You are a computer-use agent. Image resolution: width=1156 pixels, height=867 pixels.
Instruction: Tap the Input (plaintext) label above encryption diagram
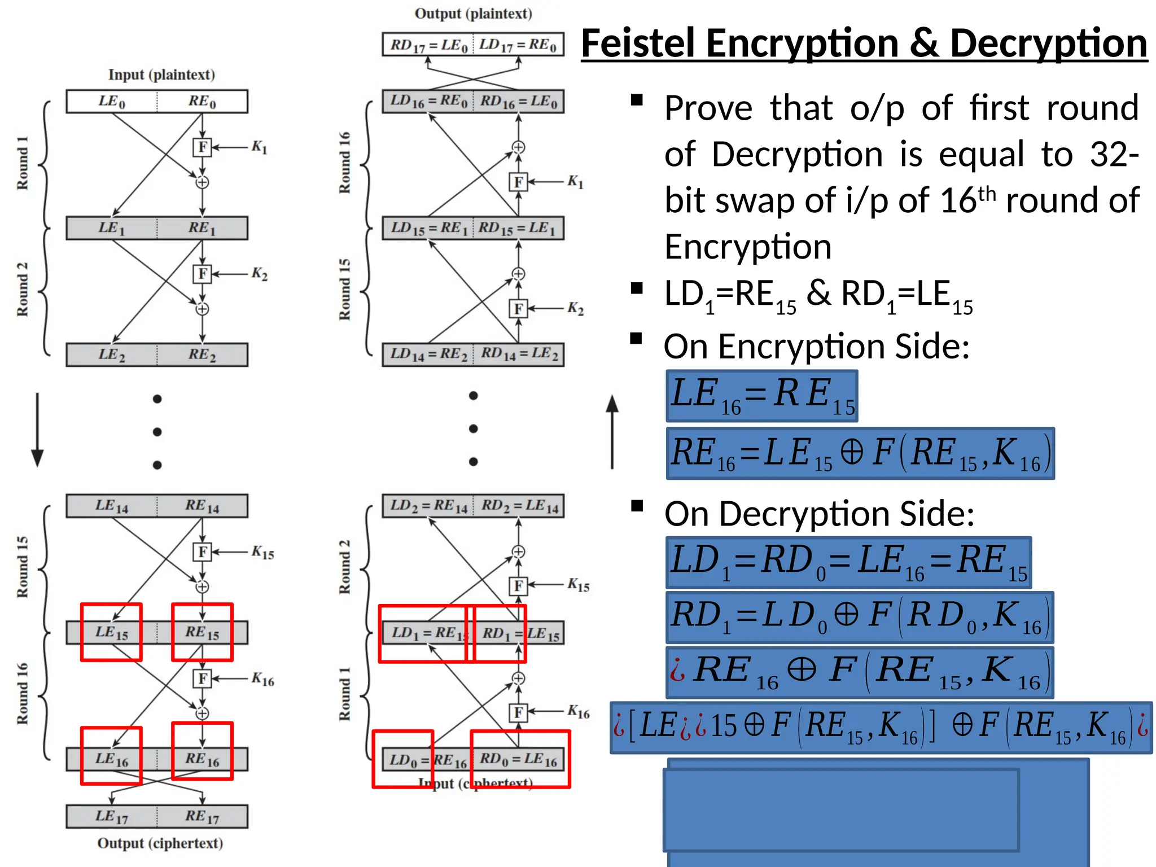[161, 75]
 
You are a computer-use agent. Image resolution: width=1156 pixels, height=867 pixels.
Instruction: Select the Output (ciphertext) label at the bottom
[160, 843]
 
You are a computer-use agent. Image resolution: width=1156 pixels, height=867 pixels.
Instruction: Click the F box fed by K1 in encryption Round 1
[202, 147]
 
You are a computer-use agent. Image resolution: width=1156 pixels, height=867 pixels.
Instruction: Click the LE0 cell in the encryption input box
[112, 102]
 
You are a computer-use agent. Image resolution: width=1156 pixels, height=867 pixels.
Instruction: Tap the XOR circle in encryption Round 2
[202, 309]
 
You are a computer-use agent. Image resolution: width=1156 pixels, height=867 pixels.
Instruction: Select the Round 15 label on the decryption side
[344, 289]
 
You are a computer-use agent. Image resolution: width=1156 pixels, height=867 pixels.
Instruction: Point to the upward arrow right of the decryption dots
[612, 431]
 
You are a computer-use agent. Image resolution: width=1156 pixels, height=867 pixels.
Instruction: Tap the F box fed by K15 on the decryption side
[518, 586]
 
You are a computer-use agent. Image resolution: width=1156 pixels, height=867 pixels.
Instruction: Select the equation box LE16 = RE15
[762, 396]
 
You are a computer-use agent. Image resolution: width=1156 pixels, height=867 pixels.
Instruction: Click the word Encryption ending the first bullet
[748, 247]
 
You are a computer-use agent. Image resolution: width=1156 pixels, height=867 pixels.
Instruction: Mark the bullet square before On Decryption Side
[637, 506]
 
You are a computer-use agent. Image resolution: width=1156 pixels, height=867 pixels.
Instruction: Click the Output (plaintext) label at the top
[473, 14]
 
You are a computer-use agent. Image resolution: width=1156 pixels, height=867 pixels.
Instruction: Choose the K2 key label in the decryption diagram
[575, 308]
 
